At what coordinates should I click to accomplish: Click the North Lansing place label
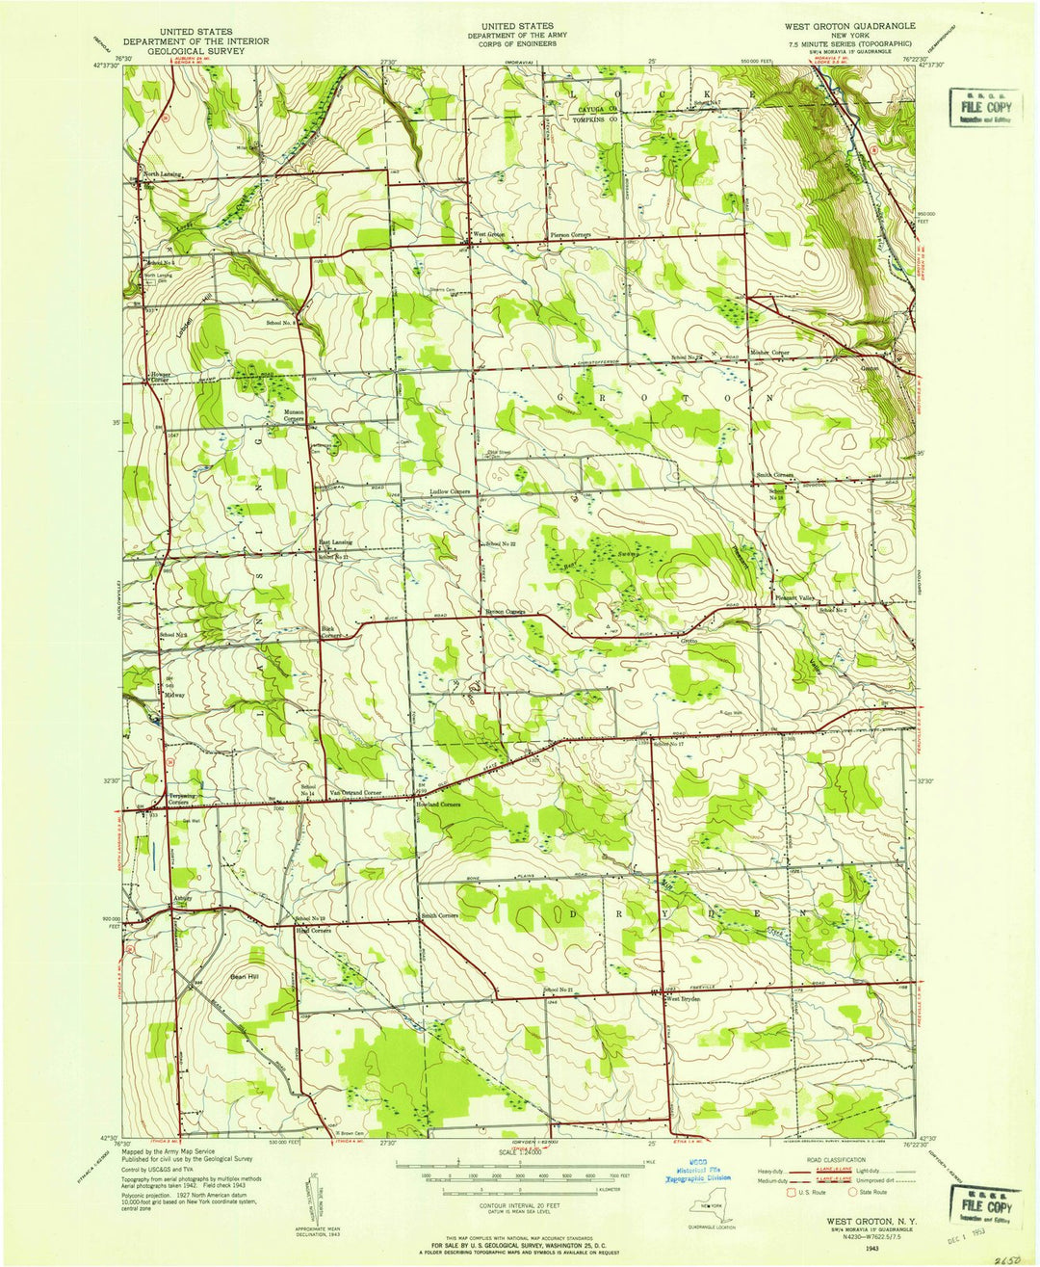(163, 174)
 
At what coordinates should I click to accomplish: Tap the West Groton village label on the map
(488, 235)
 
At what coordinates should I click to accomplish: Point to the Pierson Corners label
(569, 235)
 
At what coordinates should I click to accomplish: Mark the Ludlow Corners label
(450, 491)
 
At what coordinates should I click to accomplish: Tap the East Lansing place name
(334, 543)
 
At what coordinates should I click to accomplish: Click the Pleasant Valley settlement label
(796, 598)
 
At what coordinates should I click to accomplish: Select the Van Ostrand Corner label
(357, 791)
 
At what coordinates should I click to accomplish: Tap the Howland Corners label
(438, 804)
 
